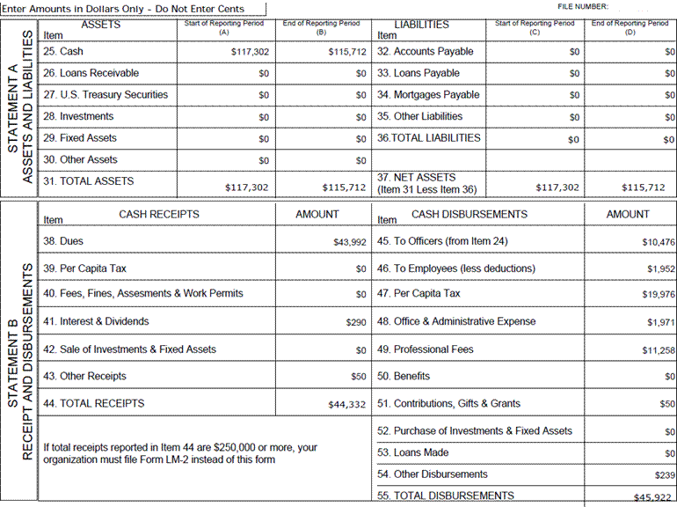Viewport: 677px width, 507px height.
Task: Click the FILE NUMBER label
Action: pyautogui.click(x=582, y=6)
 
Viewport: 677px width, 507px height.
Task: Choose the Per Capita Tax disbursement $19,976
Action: pyautogui.click(x=658, y=295)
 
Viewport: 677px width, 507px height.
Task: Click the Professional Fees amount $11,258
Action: pyautogui.click(x=658, y=350)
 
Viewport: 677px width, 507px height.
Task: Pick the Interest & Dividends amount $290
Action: pyautogui.click(x=356, y=323)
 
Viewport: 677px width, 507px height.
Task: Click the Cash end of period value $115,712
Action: pyautogui.click(x=346, y=53)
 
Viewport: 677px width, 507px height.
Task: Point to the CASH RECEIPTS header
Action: pyautogui.click(x=159, y=214)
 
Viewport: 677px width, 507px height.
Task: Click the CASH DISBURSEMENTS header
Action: pyautogui.click(x=470, y=214)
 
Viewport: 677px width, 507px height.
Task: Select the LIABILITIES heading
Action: pyautogui.click(x=422, y=25)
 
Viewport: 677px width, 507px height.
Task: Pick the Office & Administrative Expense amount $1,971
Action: pyautogui.click(x=660, y=323)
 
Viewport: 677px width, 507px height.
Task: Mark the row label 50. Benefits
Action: pyautogui.click(x=404, y=376)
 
